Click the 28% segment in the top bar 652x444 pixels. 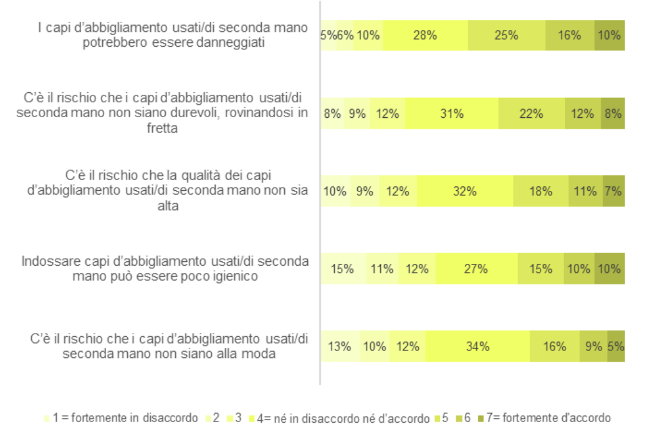[425, 36]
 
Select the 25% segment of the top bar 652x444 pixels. [506, 36]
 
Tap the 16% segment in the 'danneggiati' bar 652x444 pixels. [569, 36]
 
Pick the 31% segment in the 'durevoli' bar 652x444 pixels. [451, 114]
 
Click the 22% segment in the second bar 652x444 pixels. [531, 114]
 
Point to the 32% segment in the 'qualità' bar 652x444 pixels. [465, 191]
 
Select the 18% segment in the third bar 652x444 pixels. [540, 191]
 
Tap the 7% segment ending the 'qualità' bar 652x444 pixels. [613, 191]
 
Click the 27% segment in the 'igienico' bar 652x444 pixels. [476, 269]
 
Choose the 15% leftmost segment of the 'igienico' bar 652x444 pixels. [343, 269]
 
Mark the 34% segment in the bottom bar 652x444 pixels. [477, 347]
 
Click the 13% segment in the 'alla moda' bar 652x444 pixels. [340, 347]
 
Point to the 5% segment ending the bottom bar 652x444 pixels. [616, 347]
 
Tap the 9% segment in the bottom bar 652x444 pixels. [593, 347]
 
